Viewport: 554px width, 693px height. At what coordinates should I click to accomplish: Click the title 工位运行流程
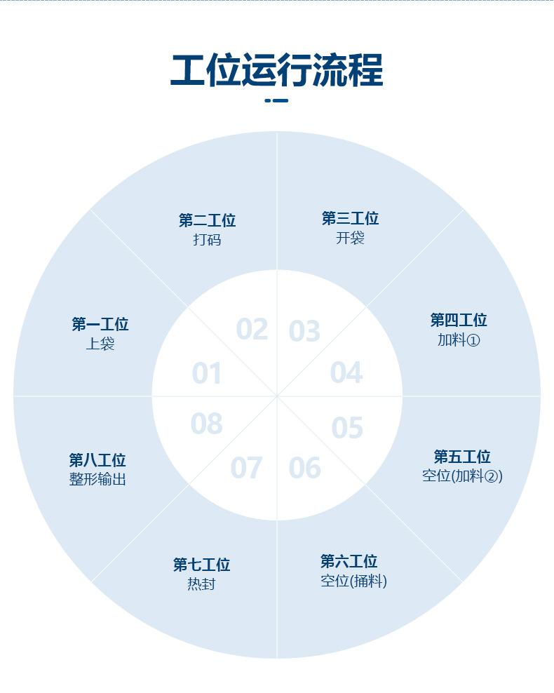[277, 71]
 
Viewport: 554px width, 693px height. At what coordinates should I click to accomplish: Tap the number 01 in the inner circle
[207, 374]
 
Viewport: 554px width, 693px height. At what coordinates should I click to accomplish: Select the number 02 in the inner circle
[252, 329]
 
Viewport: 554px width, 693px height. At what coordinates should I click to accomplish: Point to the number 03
[304, 331]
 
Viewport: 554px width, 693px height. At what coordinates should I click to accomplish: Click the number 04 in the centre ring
[346, 373]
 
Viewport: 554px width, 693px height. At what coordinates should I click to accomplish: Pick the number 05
[347, 428]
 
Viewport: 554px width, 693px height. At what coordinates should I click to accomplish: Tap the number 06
[304, 468]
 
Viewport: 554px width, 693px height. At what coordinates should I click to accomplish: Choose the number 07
[246, 469]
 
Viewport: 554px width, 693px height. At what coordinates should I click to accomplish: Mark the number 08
[207, 424]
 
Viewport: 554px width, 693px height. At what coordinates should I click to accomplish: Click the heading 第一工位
[100, 325]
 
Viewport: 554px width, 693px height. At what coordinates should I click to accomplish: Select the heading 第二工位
[207, 221]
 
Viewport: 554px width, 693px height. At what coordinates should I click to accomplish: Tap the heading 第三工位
[350, 219]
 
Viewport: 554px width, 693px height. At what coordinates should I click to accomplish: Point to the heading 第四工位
[459, 321]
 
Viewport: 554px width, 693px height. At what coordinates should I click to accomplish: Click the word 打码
[207, 240]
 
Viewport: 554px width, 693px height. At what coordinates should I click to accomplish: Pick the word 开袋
[350, 238]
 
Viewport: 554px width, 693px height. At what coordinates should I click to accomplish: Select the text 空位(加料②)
[462, 476]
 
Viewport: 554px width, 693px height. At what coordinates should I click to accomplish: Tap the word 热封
[201, 584]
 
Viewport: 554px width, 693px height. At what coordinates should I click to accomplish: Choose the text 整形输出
[97, 480]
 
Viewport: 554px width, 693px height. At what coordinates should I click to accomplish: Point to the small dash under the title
[277, 100]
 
